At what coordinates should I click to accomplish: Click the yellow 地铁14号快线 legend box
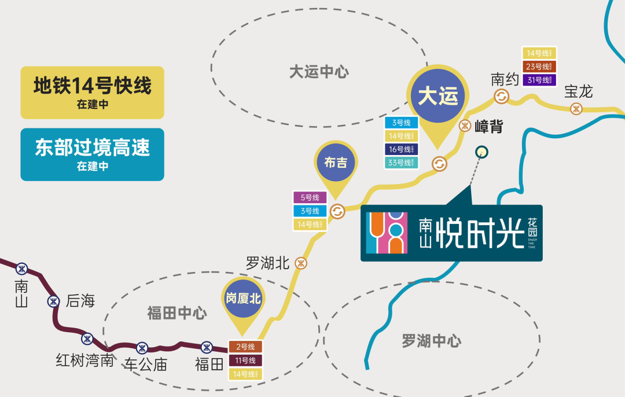pos(92,93)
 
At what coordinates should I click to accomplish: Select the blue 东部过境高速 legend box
pos(92,154)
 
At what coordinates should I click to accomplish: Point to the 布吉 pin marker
pos(336,163)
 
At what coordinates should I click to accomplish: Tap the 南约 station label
pos(505,79)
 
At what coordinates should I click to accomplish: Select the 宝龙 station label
pos(579,91)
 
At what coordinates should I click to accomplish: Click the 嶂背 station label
pos(489,127)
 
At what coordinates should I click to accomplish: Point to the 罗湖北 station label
pos(267,264)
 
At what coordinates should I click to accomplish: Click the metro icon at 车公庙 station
pos(142,348)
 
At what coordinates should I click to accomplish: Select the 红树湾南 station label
pos(84,361)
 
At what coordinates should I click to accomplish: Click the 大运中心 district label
pos(319,72)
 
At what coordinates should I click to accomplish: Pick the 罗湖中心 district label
pos(431,341)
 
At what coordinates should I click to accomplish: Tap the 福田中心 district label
pos(177,314)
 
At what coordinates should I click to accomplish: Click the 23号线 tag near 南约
pos(539,67)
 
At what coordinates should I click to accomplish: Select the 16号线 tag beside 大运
pos(401,149)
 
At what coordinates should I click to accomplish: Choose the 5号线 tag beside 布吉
pos(310,198)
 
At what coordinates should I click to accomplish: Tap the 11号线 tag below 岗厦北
pos(245,361)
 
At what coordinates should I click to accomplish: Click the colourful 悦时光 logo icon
pos(387,232)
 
